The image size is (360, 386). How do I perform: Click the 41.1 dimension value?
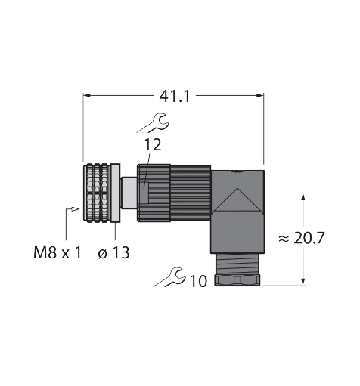click(172, 95)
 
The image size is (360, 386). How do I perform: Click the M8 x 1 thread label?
click(57, 252)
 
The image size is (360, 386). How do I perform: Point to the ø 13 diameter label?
click(113, 252)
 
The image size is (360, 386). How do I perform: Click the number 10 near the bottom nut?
click(199, 282)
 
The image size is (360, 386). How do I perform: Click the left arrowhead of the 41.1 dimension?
click(86, 95)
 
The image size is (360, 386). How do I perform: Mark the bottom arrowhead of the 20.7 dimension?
click(303, 282)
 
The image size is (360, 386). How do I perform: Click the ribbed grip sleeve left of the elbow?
click(174, 193)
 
